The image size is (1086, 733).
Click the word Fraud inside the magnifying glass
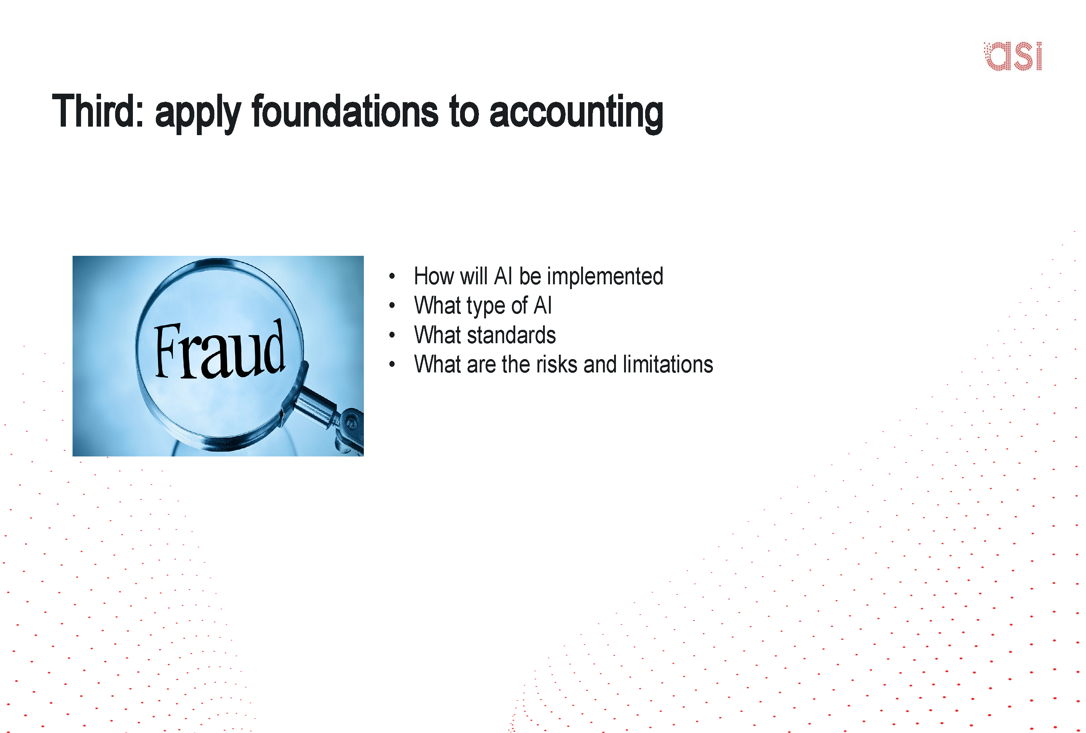[x=219, y=351]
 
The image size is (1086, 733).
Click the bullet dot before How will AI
[x=392, y=276]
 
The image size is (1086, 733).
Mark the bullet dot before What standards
[x=392, y=335]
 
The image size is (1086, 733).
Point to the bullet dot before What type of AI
[x=392, y=306]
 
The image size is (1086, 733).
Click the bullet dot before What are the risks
[x=392, y=365]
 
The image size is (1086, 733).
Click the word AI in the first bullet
[x=503, y=276]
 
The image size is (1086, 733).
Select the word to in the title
[x=464, y=112]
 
